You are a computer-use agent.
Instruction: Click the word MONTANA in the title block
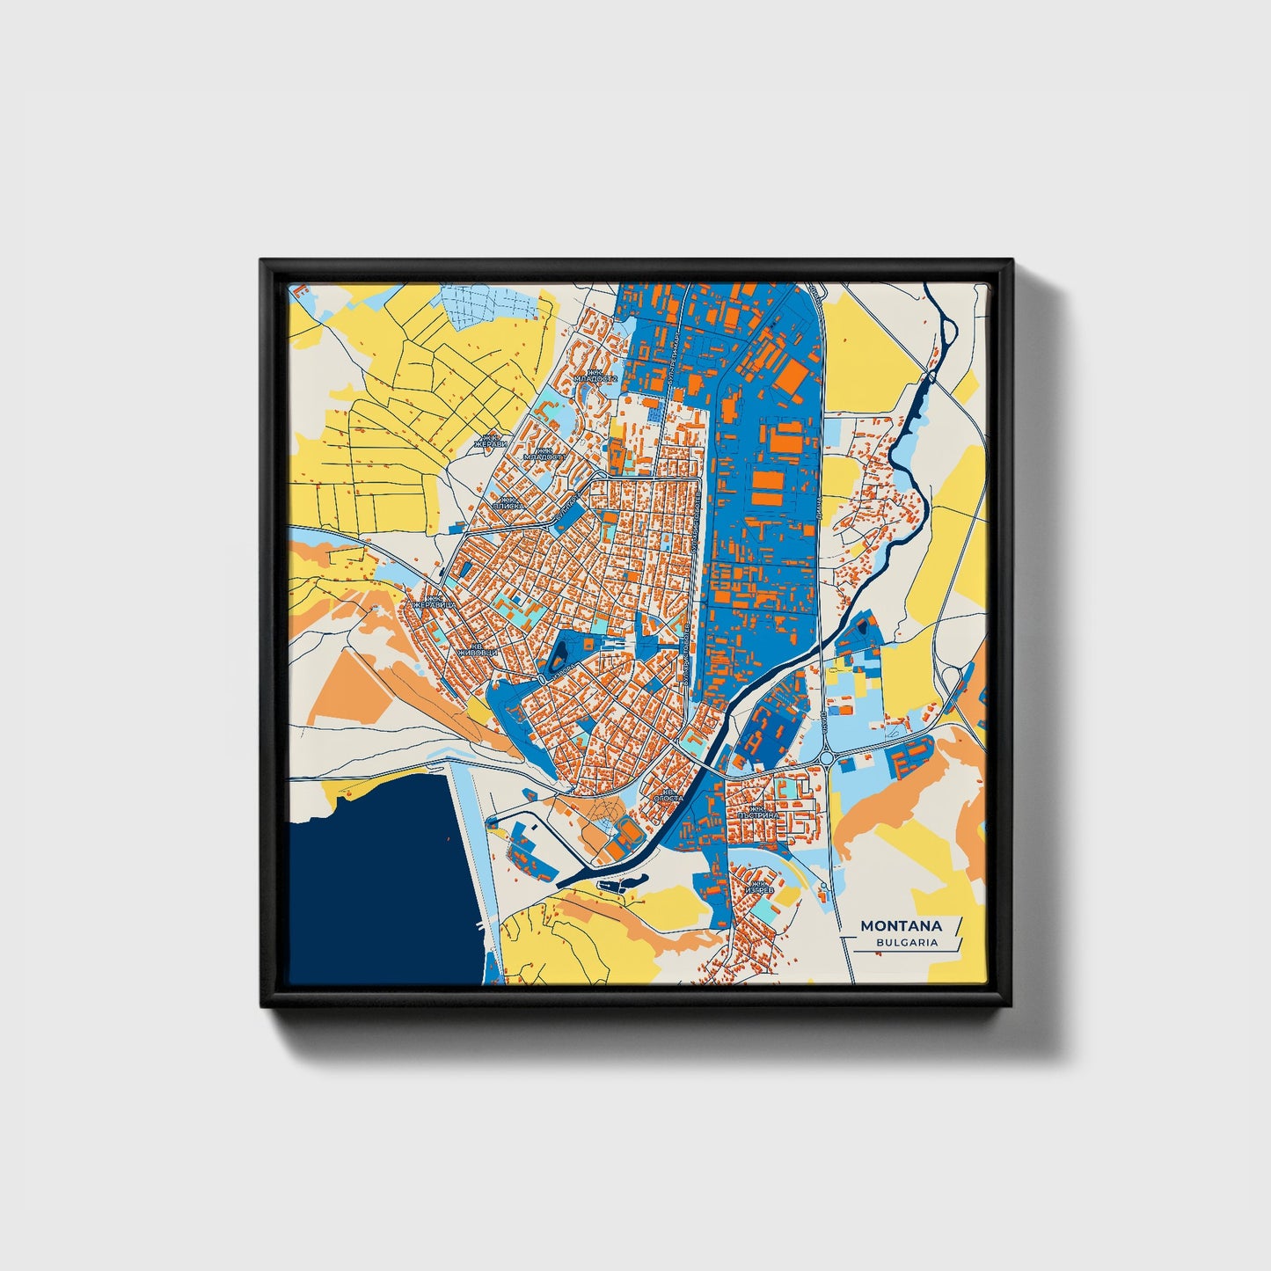901,925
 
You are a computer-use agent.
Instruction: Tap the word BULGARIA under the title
906,942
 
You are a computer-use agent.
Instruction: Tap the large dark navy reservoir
378,888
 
